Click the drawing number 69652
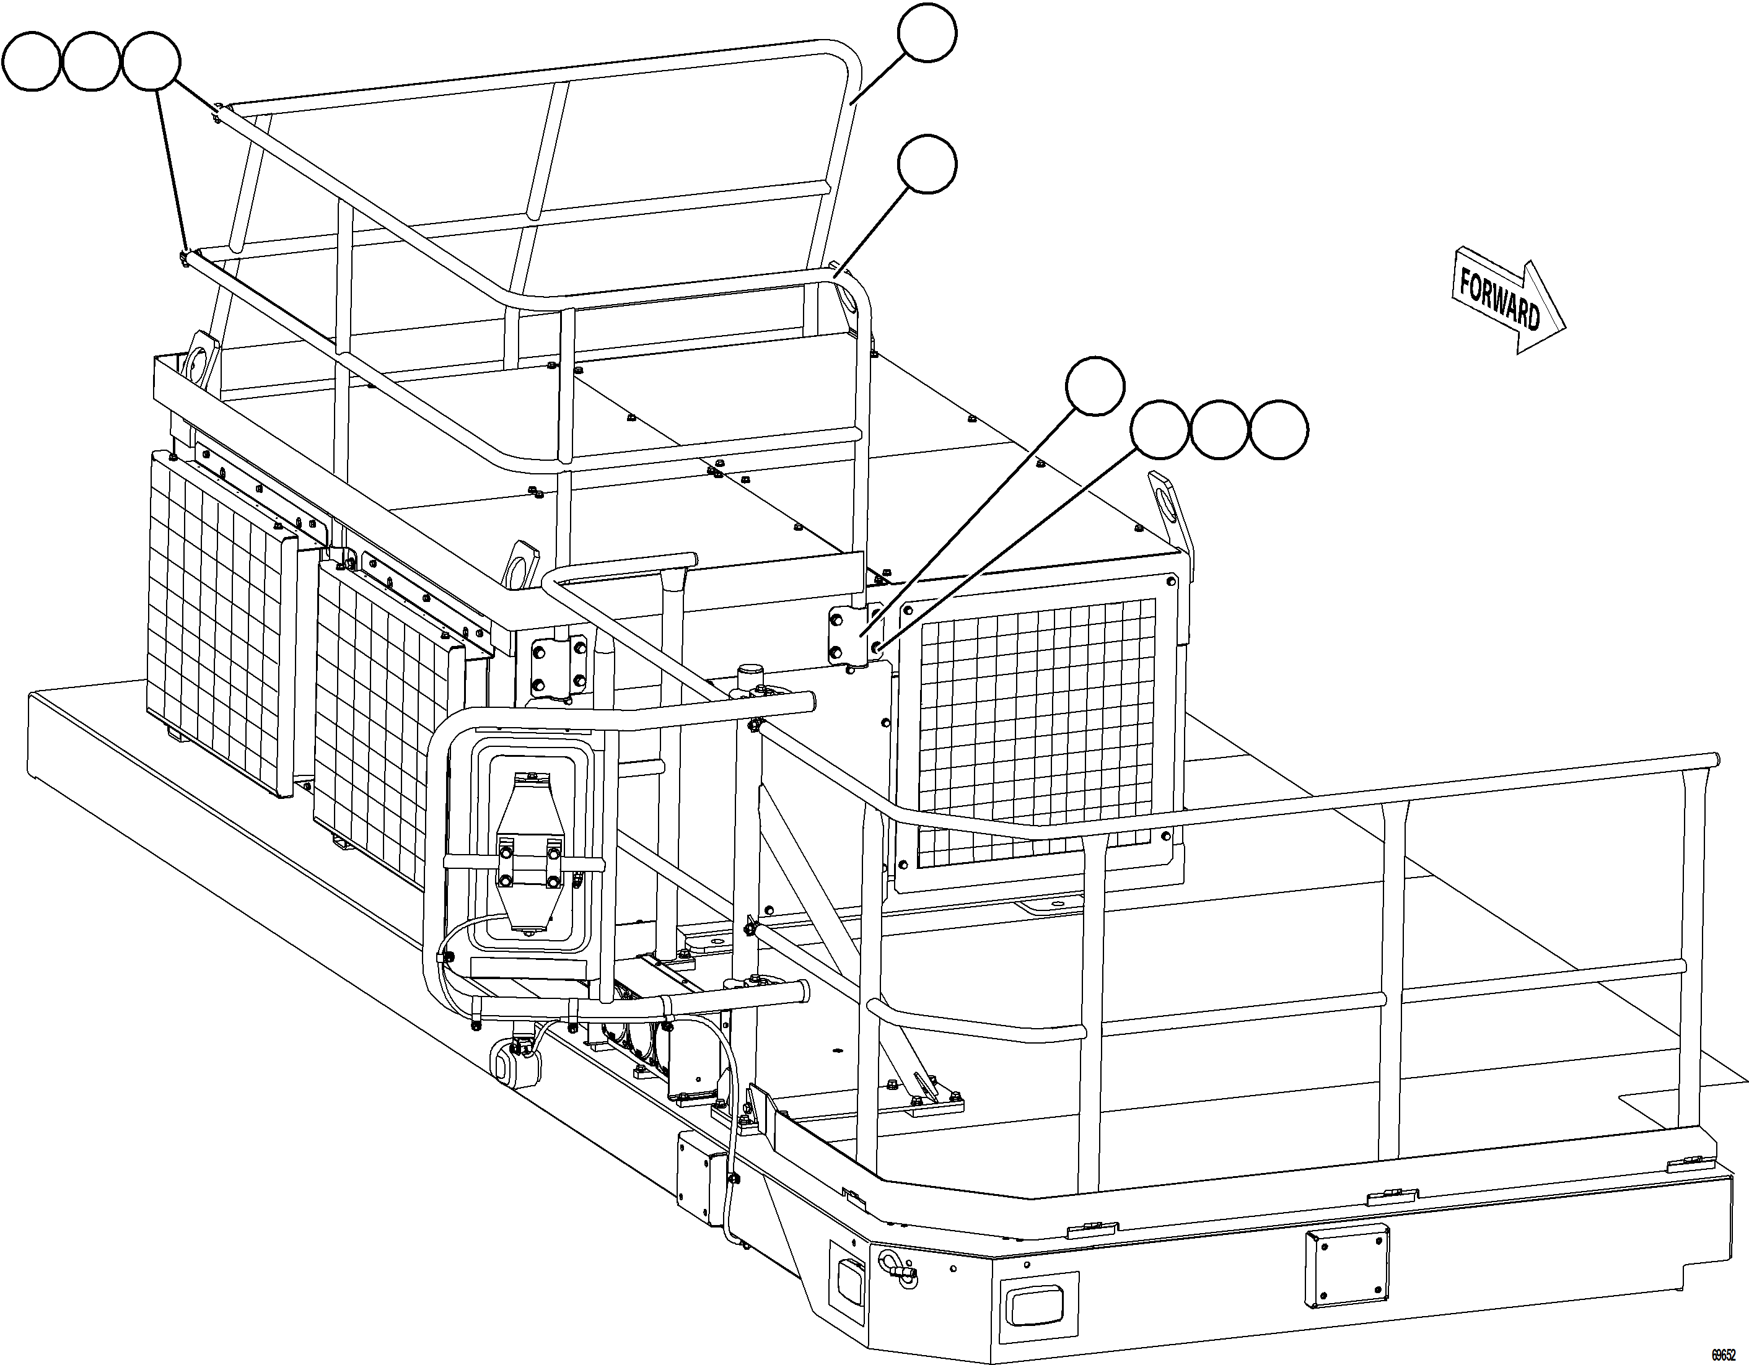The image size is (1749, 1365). tap(1727, 1355)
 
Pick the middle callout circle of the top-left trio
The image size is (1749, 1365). tap(91, 63)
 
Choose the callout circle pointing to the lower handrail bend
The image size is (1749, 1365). tap(927, 164)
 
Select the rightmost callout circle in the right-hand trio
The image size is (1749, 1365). tap(1279, 430)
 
